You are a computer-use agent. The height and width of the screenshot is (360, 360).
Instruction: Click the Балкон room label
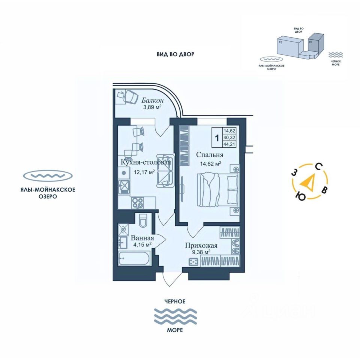(x=153, y=100)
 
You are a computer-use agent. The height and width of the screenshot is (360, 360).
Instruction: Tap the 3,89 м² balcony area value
(x=152, y=107)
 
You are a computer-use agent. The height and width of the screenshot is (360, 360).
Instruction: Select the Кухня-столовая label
(x=146, y=162)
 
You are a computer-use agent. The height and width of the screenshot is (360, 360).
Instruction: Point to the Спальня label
(x=210, y=155)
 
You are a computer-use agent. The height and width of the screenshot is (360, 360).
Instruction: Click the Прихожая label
(x=201, y=246)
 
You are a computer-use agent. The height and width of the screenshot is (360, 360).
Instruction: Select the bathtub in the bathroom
(x=135, y=259)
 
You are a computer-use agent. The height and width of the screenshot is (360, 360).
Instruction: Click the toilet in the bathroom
(x=143, y=221)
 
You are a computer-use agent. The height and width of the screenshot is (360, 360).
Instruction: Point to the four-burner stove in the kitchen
(x=137, y=202)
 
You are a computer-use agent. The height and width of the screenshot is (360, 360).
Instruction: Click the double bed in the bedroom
(x=217, y=189)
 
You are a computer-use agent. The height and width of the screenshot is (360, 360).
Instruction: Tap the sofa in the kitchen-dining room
(x=165, y=171)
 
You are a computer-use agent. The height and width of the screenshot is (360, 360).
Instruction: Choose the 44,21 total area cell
(x=229, y=144)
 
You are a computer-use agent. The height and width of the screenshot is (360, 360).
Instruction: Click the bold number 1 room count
(x=217, y=137)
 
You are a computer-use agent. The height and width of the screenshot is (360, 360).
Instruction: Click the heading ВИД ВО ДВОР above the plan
(x=175, y=54)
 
